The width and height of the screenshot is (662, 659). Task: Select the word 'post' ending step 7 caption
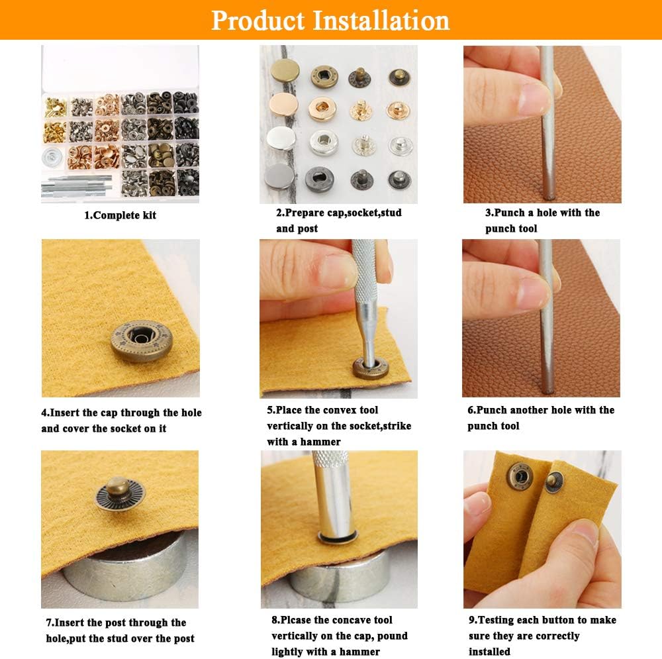(182, 638)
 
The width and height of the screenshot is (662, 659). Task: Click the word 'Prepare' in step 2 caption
(306, 213)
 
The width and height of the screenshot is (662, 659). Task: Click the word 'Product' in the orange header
(258, 20)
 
